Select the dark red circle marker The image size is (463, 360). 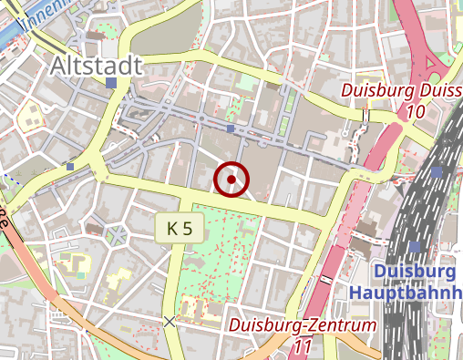point(231,180)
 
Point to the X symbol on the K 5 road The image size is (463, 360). point(169,321)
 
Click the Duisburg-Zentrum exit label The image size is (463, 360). point(302,325)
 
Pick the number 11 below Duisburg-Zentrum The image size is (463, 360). point(304,346)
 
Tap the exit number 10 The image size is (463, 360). point(417,111)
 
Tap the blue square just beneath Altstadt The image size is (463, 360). point(111,83)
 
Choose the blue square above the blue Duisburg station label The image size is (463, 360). point(416,247)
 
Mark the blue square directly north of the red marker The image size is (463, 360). point(231,129)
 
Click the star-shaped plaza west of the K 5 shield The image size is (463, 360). point(117,235)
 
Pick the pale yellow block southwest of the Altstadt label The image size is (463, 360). point(31,117)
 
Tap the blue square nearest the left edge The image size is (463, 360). point(70,167)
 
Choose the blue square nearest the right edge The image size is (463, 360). point(437,171)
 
